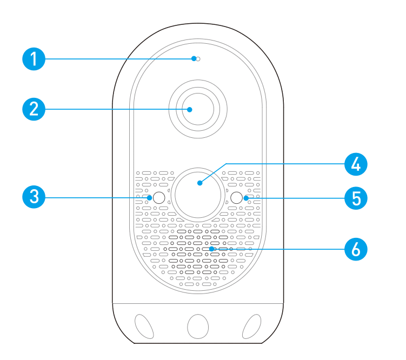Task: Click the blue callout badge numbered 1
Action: click(34, 58)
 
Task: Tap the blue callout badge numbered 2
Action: click(34, 110)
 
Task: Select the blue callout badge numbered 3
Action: click(34, 197)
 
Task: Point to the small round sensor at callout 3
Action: click(158, 198)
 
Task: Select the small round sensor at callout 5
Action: click(237, 198)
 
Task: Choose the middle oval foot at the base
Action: click(197, 326)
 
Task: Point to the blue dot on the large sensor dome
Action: click(199, 184)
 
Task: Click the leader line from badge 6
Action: click(281, 249)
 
